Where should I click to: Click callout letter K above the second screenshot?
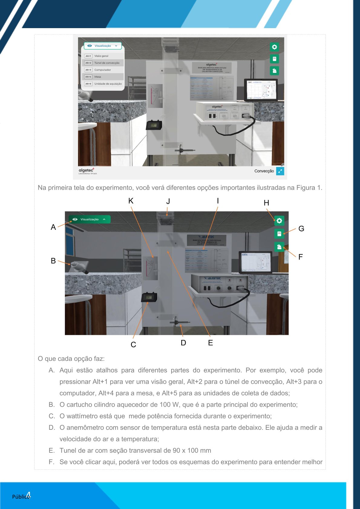coord(131,201)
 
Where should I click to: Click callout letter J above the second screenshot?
coord(168,201)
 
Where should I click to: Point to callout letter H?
coord(266,203)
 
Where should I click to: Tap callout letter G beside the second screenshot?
coord(301,229)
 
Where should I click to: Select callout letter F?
coord(300,257)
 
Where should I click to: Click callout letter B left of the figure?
coord(53,261)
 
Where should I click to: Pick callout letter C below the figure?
coord(133,344)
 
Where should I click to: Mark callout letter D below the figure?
coord(183,343)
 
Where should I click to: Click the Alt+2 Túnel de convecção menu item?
coord(103,63)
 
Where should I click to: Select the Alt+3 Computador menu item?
coord(103,70)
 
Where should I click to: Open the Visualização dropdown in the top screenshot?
coord(103,46)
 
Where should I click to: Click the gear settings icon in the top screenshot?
coord(274,47)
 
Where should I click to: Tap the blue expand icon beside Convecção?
coord(280,171)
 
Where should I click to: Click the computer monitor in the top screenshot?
coord(261,90)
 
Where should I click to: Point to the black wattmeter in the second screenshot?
coord(149,297)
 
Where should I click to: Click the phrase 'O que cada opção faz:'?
coord(71,359)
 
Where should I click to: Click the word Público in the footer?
coord(20,497)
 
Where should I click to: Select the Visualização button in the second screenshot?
coord(89,219)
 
